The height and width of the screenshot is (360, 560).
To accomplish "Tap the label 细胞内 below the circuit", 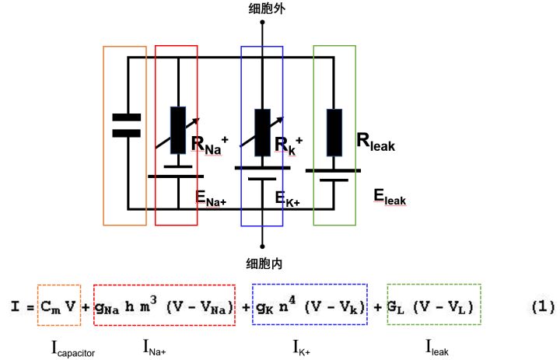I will coord(263,264).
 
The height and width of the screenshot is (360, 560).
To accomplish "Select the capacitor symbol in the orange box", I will coord(126,124).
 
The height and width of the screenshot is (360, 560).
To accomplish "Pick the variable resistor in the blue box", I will coord(263,128).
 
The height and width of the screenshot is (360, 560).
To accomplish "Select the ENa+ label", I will coord(210,200).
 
